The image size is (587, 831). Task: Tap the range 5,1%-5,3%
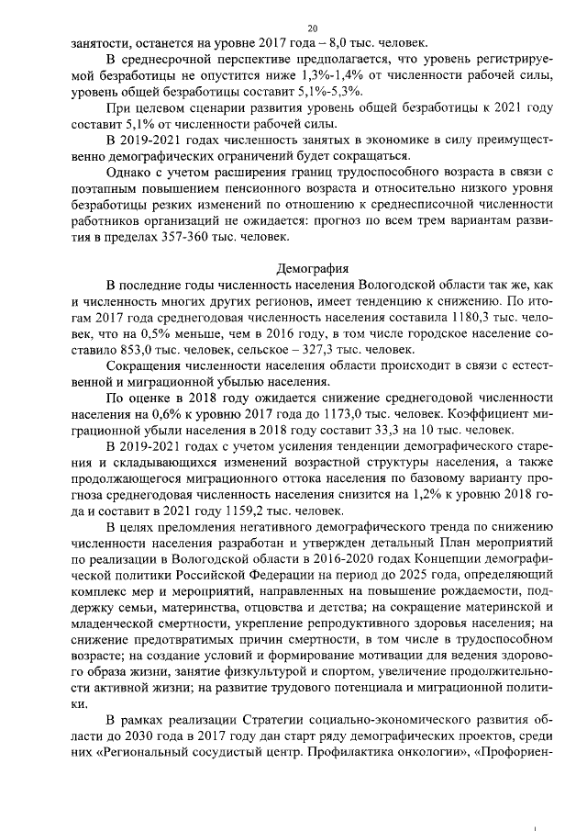coord(326,92)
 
